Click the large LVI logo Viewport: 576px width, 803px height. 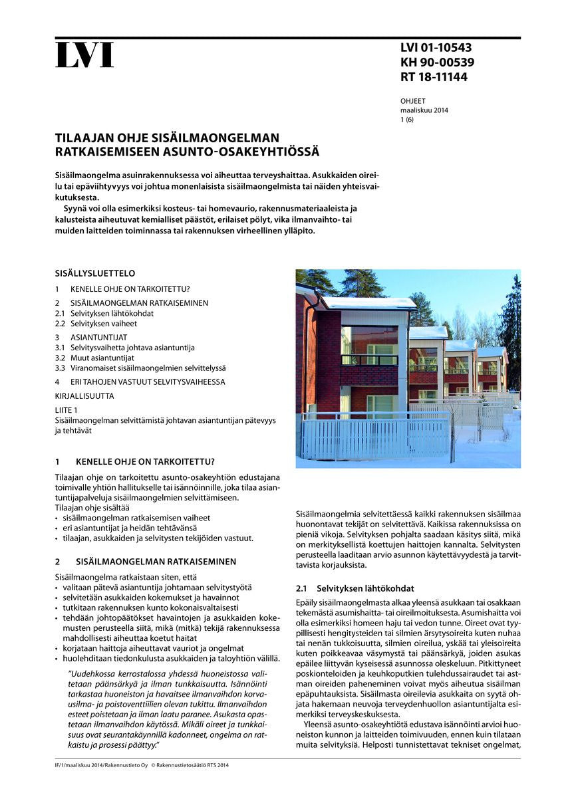point(84,55)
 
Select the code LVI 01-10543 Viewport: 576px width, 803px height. point(436,48)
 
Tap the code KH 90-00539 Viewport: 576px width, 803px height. point(437,62)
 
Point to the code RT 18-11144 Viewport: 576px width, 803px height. point(434,77)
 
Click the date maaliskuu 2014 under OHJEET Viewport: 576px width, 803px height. point(424,110)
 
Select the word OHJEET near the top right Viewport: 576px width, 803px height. point(412,101)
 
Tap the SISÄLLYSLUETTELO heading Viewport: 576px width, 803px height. point(95,273)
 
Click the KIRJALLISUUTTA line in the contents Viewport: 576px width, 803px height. point(84,396)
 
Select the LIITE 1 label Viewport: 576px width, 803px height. point(66,410)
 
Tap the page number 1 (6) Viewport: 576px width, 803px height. point(406,120)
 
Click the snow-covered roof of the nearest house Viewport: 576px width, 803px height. point(369,303)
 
